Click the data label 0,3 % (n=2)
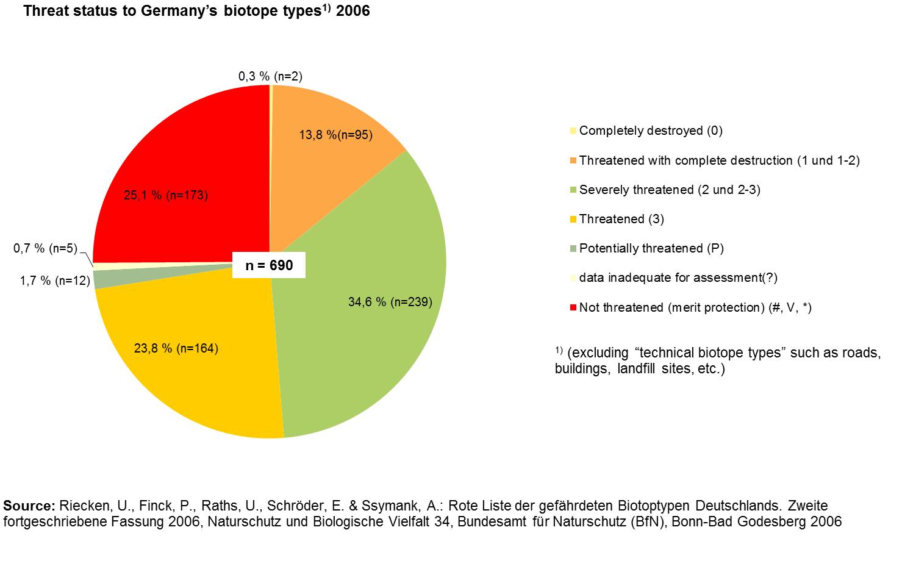[x=270, y=76]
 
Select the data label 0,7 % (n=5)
[x=45, y=248]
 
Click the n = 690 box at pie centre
[x=269, y=266]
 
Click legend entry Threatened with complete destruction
[x=719, y=160]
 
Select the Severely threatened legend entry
[x=669, y=190]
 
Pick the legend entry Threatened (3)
[x=621, y=219]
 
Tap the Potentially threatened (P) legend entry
[x=651, y=248]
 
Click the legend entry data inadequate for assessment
[x=678, y=278]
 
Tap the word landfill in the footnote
[x=638, y=370]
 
